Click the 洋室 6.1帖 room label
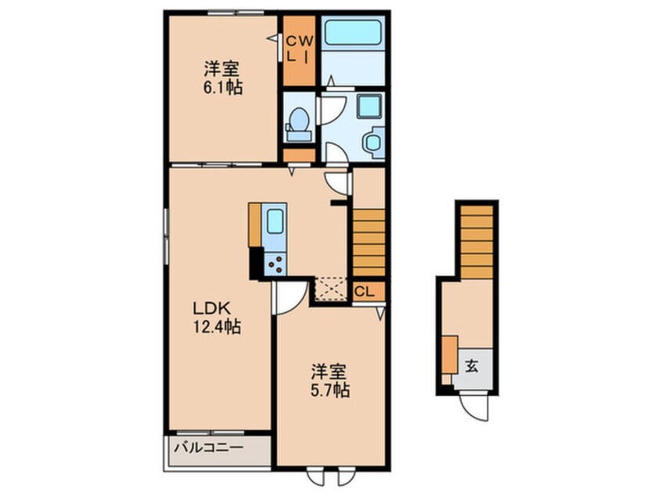(223, 77)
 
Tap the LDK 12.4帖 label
(217, 317)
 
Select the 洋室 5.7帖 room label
(330, 381)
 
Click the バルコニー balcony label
(210, 447)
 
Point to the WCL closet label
(300, 49)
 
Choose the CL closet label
(364, 291)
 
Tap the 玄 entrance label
(472, 366)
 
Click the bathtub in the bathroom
(354, 32)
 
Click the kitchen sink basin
(275, 221)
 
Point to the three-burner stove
(275, 264)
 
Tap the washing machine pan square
(369, 106)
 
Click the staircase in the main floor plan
(369, 243)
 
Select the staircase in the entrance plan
(477, 242)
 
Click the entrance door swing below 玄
(475, 406)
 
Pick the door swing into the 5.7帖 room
(290, 298)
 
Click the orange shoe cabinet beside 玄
(450, 354)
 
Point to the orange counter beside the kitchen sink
(255, 225)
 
